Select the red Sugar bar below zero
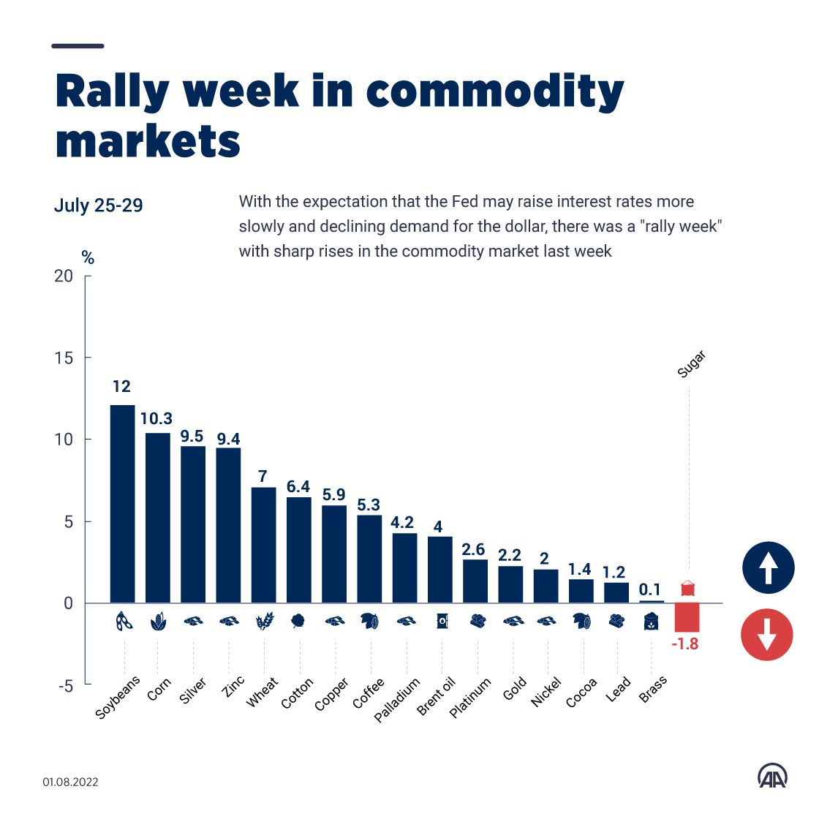[687, 617]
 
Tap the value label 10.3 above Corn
[156, 418]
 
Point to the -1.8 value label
[685, 644]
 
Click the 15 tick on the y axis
[67, 358]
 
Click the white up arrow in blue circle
[768, 567]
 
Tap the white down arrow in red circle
[766, 634]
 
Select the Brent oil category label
[437, 696]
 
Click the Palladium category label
[397, 700]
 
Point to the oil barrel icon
[442, 622]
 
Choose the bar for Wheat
[263, 545]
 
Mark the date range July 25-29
[99, 205]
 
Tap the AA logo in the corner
[772, 777]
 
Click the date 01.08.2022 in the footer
[70, 782]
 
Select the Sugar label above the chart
[691, 364]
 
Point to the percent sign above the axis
[88, 257]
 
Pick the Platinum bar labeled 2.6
[475, 581]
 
